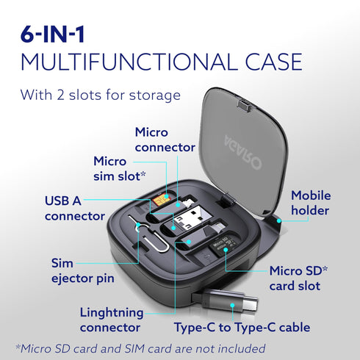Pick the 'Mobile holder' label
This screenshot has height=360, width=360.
click(x=310, y=203)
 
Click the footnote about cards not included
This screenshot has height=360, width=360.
click(x=140, y=348)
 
